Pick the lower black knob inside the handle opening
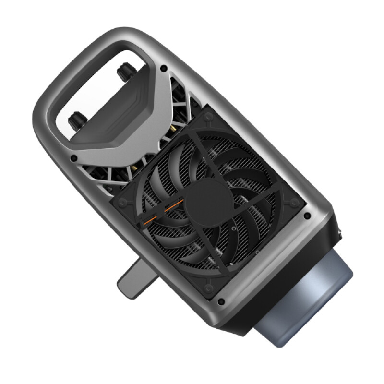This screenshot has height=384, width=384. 75,120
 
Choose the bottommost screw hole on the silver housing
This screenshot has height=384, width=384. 220,302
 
